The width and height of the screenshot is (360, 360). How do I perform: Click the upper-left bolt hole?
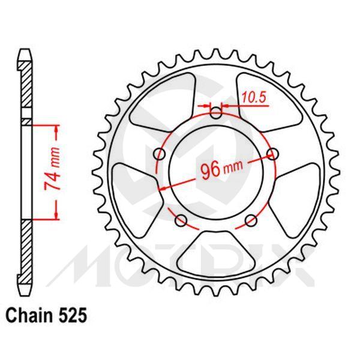pyautogui.click(x=159, y=154)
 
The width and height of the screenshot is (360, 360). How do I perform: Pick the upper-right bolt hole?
pyautogui.click(x=274, y=154)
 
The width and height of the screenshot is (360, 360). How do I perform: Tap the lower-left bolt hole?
pyautogui.click(x=179, y=221)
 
